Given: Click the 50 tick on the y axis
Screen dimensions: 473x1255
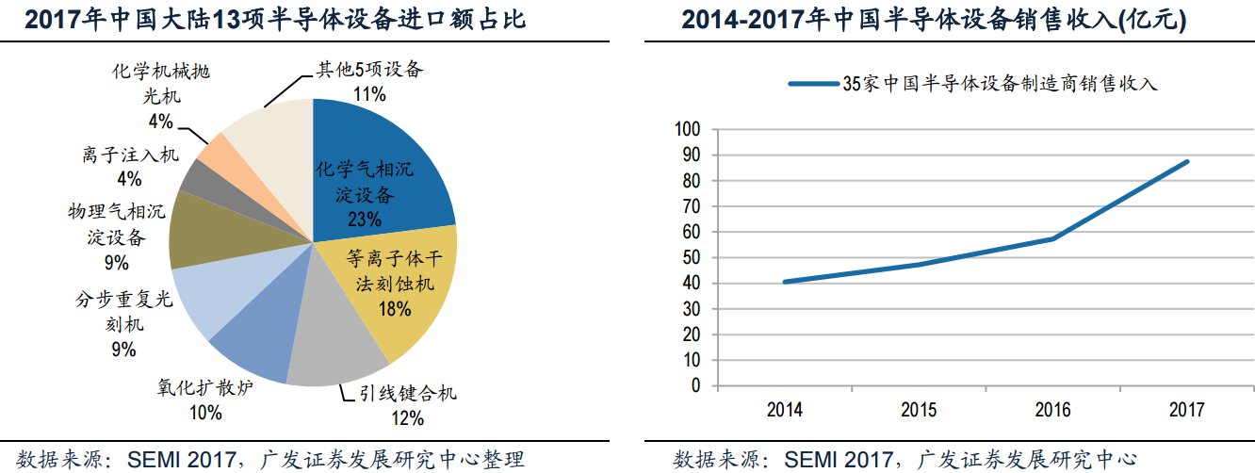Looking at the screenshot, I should coord(693,257).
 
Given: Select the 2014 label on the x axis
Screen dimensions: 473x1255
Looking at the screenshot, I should coord(785,410).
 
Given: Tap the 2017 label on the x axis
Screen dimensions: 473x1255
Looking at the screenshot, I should coord(1187,410).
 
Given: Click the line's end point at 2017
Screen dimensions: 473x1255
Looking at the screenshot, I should coord(1187,161).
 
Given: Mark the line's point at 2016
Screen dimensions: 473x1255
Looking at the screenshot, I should coord(1053,238).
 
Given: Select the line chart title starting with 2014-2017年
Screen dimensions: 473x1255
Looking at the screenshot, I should coord(949,20).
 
